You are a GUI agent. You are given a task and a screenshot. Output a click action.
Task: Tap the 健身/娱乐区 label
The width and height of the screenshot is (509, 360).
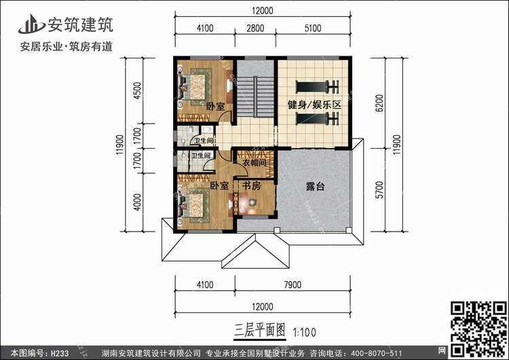pos(313,105)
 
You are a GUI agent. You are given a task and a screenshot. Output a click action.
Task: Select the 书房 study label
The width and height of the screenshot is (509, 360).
pos(253,185)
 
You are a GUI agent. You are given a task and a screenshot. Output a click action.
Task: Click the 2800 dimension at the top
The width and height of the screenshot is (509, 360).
pos(255,28)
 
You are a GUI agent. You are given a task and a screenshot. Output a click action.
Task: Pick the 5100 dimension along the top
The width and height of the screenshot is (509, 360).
pos(314,28)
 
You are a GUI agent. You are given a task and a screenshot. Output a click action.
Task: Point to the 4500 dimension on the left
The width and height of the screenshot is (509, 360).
pos(136,91)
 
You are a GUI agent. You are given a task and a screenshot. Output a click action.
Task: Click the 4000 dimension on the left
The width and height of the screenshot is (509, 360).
pos(136,202)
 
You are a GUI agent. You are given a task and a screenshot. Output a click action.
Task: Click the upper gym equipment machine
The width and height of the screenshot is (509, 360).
pos(317,86)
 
